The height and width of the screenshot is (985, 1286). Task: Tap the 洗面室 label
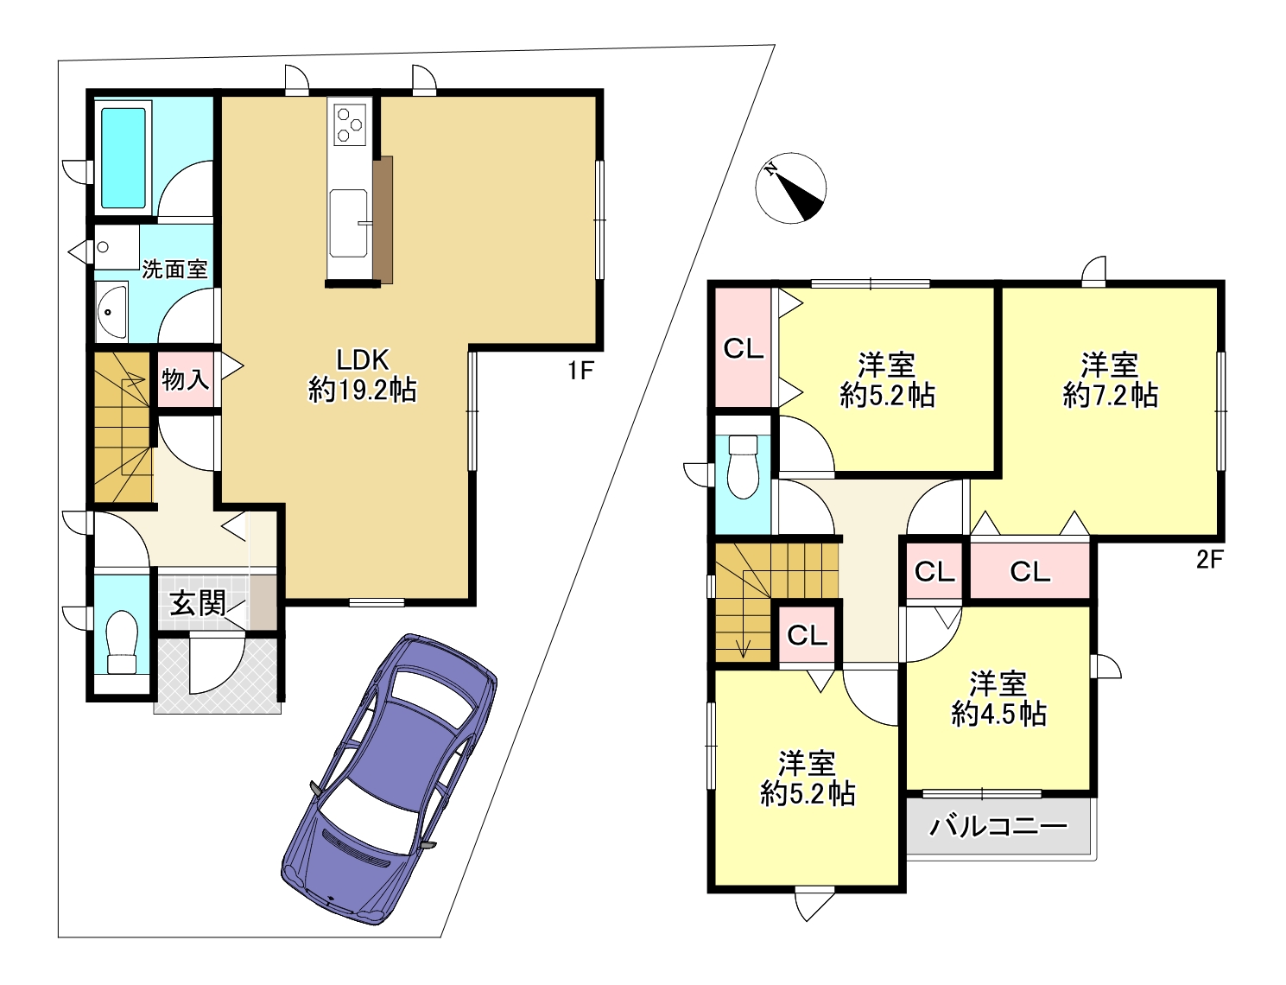pos(174,270)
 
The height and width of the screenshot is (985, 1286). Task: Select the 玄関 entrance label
pos(198,603)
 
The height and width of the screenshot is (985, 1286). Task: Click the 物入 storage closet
pos(185,379)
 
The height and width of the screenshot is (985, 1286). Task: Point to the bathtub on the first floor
pos(124,157)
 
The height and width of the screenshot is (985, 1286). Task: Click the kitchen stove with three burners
pos(349,124)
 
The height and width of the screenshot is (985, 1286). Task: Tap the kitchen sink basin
pos(349,223)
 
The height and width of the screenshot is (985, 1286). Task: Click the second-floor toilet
pos(743,467)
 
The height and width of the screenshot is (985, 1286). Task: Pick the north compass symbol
pos(790,187)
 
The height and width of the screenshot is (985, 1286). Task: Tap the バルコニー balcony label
pos(998,826)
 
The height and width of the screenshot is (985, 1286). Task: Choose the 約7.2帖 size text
pos(1110,396)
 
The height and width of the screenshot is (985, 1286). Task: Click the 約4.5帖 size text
pos(999,715)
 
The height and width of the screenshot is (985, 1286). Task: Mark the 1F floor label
pos(580,372)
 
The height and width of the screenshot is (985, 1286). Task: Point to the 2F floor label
pos(1210,559)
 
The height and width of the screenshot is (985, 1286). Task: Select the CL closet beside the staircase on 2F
pos(807,635)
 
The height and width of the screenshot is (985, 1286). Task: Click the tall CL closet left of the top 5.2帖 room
pos(744,348)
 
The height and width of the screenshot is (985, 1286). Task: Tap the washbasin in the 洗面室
pos(111,311)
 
